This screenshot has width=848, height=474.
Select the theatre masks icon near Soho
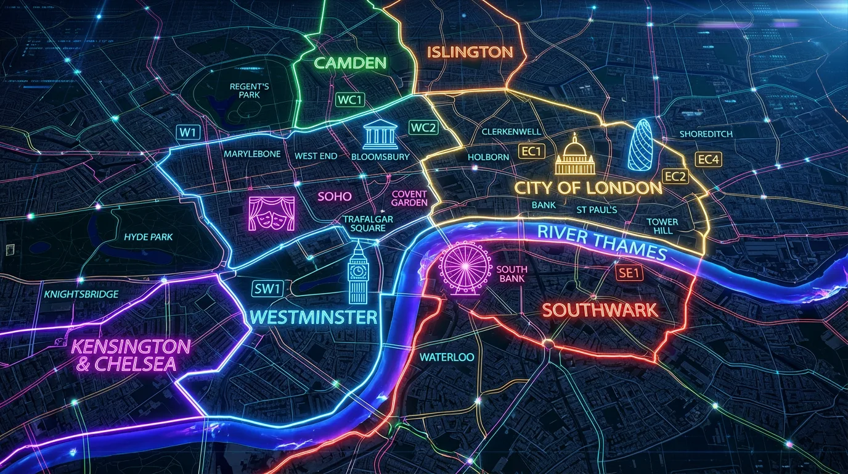click(272, 214)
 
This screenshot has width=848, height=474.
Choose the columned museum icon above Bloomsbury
click(380, 135)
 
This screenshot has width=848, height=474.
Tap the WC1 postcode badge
click(350, 100)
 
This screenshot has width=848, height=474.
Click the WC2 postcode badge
click(423, 128)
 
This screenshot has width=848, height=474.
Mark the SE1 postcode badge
click(628, 273)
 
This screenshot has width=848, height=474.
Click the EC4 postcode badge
click(709, 159)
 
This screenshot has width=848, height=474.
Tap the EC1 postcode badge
click(531, 151)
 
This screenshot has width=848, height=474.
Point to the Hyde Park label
click(148, 237)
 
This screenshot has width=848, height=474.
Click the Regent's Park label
click(249, 91)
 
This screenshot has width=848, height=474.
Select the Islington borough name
click(470, 52)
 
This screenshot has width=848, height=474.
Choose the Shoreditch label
click(705, 134)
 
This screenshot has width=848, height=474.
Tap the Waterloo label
click(447, 357)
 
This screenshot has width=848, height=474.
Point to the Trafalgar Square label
click(368, 223)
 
